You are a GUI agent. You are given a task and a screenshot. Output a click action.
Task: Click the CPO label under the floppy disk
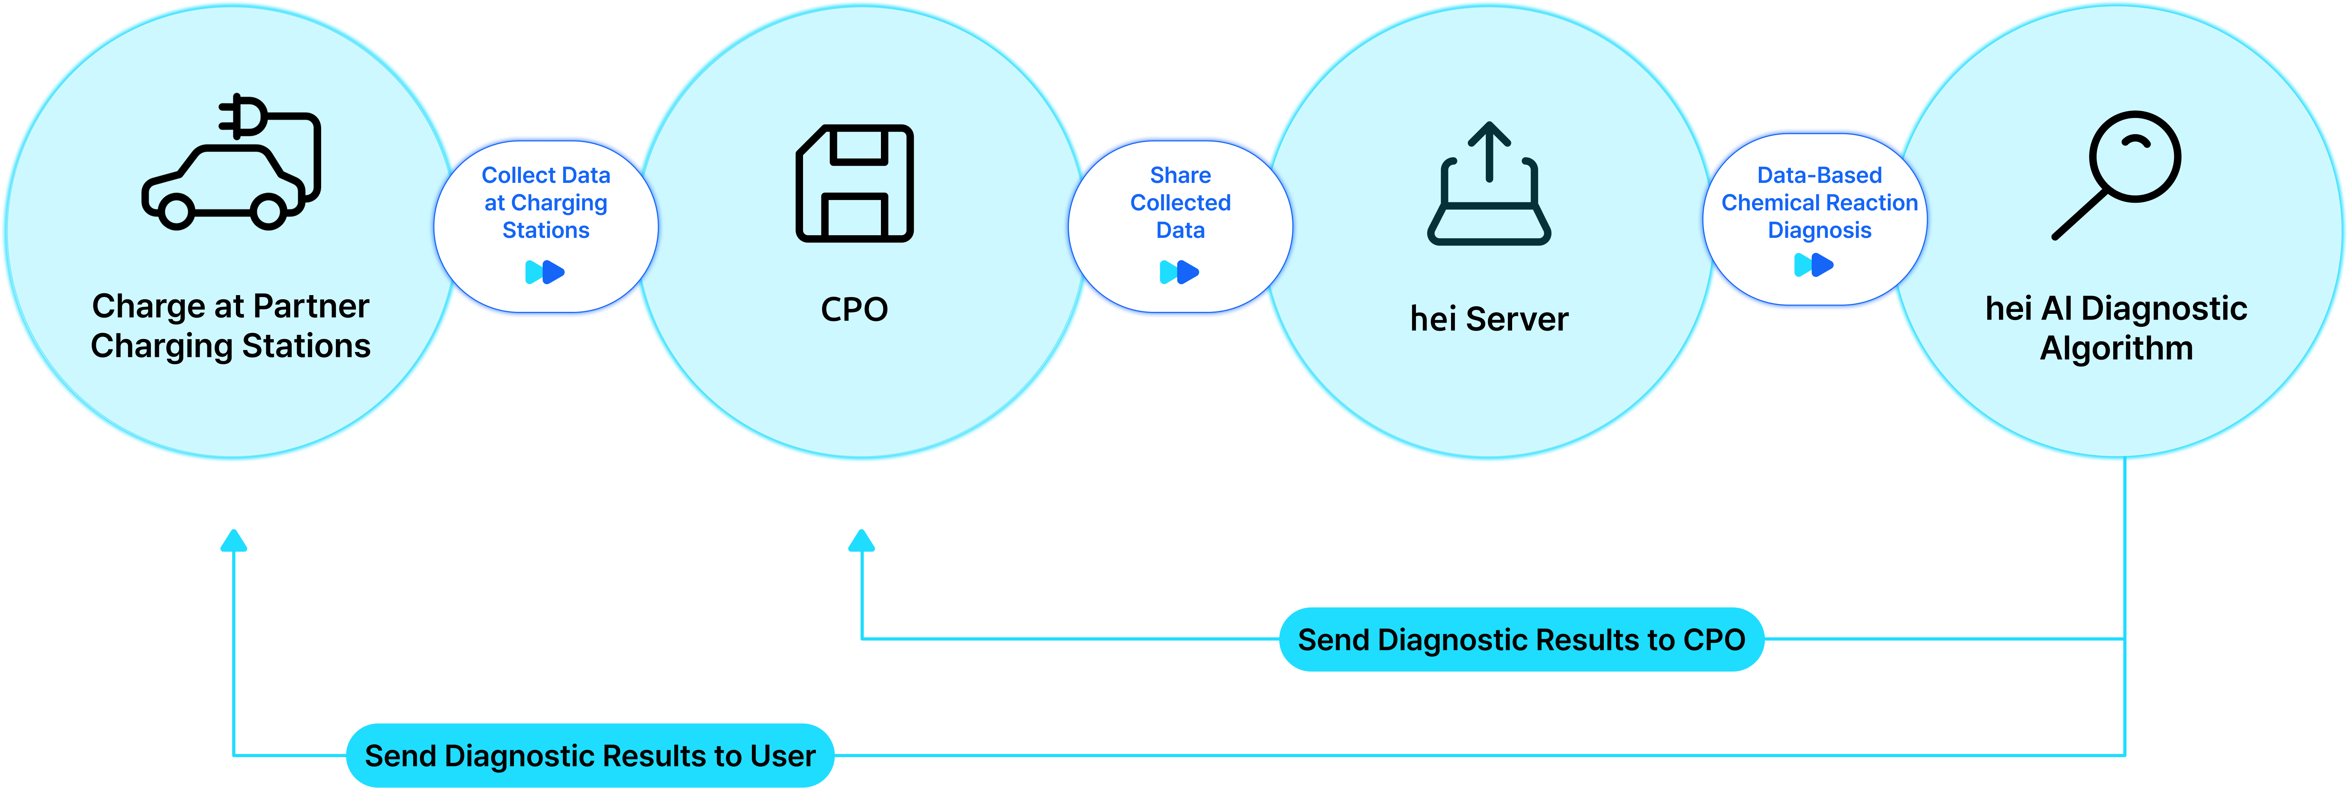[x=854, y=310]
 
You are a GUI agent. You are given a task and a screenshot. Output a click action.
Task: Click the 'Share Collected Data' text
[x=1180, y=202]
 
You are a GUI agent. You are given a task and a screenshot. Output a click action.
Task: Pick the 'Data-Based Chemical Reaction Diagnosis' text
[x=1820, y=202]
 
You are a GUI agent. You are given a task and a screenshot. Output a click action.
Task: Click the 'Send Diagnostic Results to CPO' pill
[x=1521, y=639]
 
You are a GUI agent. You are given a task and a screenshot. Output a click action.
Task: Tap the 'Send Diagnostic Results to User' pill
[x=590, y=755]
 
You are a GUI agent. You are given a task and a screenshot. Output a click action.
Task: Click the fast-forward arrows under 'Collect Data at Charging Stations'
[x=545, y=271]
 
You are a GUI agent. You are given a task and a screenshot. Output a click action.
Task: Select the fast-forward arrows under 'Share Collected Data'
[x=1180, y=271]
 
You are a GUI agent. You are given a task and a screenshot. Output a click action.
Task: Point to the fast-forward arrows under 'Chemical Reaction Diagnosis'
[x=1814, y=265]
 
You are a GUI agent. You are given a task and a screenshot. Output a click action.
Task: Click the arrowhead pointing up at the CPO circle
[x=861, y=541]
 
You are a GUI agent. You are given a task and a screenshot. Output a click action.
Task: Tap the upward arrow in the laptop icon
[x=1489, y=150]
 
